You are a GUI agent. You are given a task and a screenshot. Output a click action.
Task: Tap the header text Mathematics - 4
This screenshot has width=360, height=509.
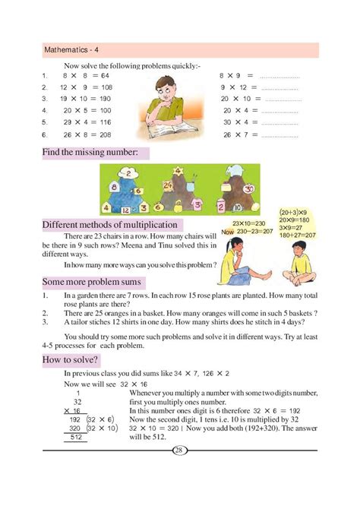[x=70, y=51]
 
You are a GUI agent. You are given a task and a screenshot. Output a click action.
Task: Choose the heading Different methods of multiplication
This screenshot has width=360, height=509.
[x=111, y=225]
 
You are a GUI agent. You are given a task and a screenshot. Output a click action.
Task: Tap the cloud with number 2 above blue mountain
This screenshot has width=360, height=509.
[x=131, y=173]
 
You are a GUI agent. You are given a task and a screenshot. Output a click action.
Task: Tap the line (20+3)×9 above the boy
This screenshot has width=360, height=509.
[x=292, y=213]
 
